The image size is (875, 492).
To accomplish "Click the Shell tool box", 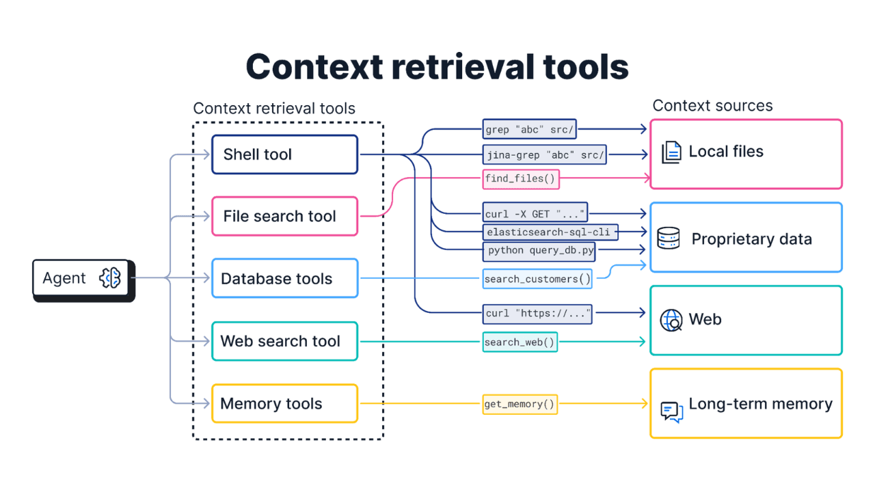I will click(x=284, y=154).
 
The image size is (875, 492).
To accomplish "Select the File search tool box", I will click(x=284, y=217).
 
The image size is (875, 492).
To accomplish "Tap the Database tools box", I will click(x=284, y=279).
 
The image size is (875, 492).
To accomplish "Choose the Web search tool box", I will click(x=284, y=341).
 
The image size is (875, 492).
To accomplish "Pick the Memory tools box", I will click(x=284, y=404).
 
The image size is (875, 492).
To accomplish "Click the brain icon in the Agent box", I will click(x=110, y=278).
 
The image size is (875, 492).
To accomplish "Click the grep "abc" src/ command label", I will click(x=530, y=129).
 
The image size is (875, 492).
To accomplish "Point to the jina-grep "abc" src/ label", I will click(x=545, y=154).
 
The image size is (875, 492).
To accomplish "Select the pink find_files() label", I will click(x=521, y=179).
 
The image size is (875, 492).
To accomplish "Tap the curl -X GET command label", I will click(x=535, y=214).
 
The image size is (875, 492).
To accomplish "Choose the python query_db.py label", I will click(x=539, y=251).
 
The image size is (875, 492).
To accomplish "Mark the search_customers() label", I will click(x=537, y=279).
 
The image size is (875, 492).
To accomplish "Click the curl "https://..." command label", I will click(x=537, y=313).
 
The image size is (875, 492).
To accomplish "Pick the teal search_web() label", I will click(x=520, y=342).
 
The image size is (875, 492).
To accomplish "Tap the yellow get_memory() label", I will click(x=520, y=404).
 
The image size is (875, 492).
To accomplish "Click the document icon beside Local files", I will click(x=671, y=152).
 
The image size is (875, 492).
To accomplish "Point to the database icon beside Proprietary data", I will click(x=668, y=238).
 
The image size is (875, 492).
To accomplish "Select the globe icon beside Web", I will click(x=671, y=320).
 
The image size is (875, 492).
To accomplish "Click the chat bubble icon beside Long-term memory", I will click(x=671, y=411).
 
